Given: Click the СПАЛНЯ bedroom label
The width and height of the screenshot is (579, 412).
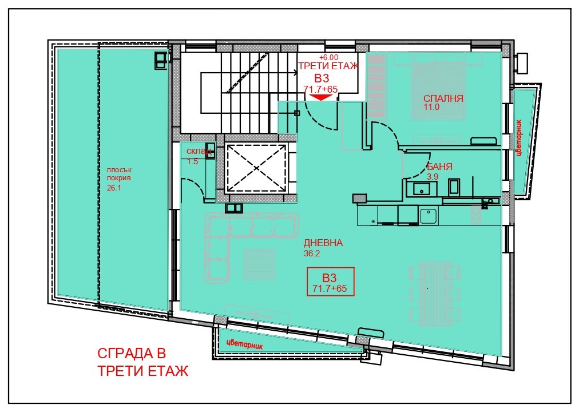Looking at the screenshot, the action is pos(443,98).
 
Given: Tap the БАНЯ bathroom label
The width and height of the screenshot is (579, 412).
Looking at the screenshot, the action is pos(439,167).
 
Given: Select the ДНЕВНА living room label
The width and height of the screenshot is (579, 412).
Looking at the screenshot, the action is pos(323,243).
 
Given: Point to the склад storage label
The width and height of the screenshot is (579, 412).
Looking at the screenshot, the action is pos(199,151).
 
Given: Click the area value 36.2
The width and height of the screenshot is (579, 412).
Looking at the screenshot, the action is pos(312,253).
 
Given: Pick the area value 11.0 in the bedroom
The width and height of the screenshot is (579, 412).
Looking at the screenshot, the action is pos(431,108).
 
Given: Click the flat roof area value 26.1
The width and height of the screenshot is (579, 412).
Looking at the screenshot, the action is pos(114,188).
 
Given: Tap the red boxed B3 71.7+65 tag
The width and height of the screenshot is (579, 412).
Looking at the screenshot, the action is pos(331,282).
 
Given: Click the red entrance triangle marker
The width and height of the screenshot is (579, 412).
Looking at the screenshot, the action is pos(320,97).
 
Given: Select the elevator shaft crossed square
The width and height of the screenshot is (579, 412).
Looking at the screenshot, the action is pos(256,168).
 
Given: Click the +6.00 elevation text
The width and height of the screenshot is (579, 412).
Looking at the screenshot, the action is pos(328,57).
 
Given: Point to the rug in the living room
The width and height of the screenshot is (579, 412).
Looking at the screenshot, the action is pos(259,264).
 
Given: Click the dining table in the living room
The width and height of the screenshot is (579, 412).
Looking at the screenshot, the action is pos(435,294).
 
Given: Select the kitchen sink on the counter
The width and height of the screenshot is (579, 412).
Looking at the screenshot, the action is pos(429,216).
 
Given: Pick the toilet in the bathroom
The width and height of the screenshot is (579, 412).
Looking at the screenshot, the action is pos(454,188).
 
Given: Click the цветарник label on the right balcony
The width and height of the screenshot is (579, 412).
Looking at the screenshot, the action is pos(519,137).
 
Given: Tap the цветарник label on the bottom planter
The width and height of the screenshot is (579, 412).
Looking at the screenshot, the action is pos(245,344).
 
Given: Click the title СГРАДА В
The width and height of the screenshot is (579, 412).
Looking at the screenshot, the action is pos(132,353).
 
